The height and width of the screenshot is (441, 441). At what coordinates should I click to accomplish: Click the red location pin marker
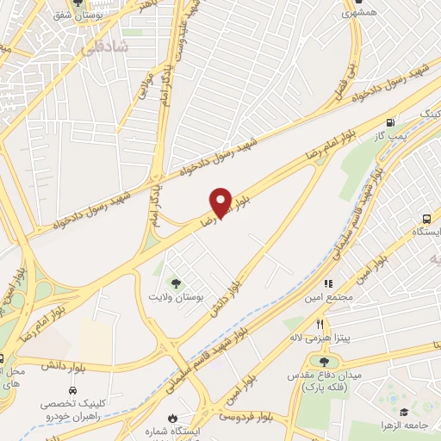pyautogui.click(x=220, y=202)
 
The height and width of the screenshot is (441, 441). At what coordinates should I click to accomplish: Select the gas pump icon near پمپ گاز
pyautogui.click(x=392, y=122)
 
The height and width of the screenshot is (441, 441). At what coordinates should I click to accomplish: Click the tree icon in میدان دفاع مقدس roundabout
pyautogui.click(x=324, y=363)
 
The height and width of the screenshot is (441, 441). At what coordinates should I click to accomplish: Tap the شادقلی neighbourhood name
pyautogui.click(x=104, y=49)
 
